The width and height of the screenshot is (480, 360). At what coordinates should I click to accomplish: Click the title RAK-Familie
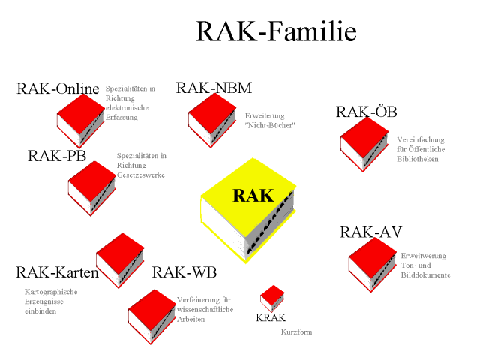point(275,31)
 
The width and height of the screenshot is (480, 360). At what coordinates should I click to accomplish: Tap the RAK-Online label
point(58,89)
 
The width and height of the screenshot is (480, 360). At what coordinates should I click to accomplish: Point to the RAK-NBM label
point(214,88)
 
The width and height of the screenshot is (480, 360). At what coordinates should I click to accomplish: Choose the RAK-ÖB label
point(366,112)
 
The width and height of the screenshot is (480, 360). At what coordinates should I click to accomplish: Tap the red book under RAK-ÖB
point(364,142)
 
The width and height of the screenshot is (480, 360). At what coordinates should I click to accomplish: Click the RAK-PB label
point(57,156)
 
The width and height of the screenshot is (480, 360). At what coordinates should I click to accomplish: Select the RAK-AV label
point(370,232)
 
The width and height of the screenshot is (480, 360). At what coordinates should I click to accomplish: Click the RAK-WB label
point(185,271)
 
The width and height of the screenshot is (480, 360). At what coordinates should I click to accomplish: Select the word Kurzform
point(296,331)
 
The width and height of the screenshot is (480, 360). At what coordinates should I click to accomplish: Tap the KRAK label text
point(271,318)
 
